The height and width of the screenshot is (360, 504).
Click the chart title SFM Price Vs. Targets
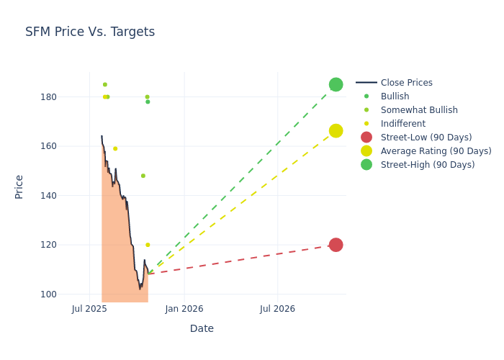(90, 32)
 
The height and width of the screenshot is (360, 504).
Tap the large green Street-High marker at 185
(336, 84)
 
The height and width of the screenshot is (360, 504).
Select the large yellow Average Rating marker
(336, 131)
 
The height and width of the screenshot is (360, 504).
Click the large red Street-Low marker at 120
(336, 245)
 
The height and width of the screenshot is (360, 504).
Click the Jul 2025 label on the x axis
(90, 309)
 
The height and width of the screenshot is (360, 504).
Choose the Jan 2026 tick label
(184, 309)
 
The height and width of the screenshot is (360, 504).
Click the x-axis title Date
(202, 328)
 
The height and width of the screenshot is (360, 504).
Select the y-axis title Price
(19, 186)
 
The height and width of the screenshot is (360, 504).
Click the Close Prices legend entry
(406, 83)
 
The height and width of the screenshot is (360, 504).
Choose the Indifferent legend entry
(402, 124)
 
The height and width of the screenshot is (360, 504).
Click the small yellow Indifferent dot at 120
(148, 245)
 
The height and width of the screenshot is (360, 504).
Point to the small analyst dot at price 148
(143, 176)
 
